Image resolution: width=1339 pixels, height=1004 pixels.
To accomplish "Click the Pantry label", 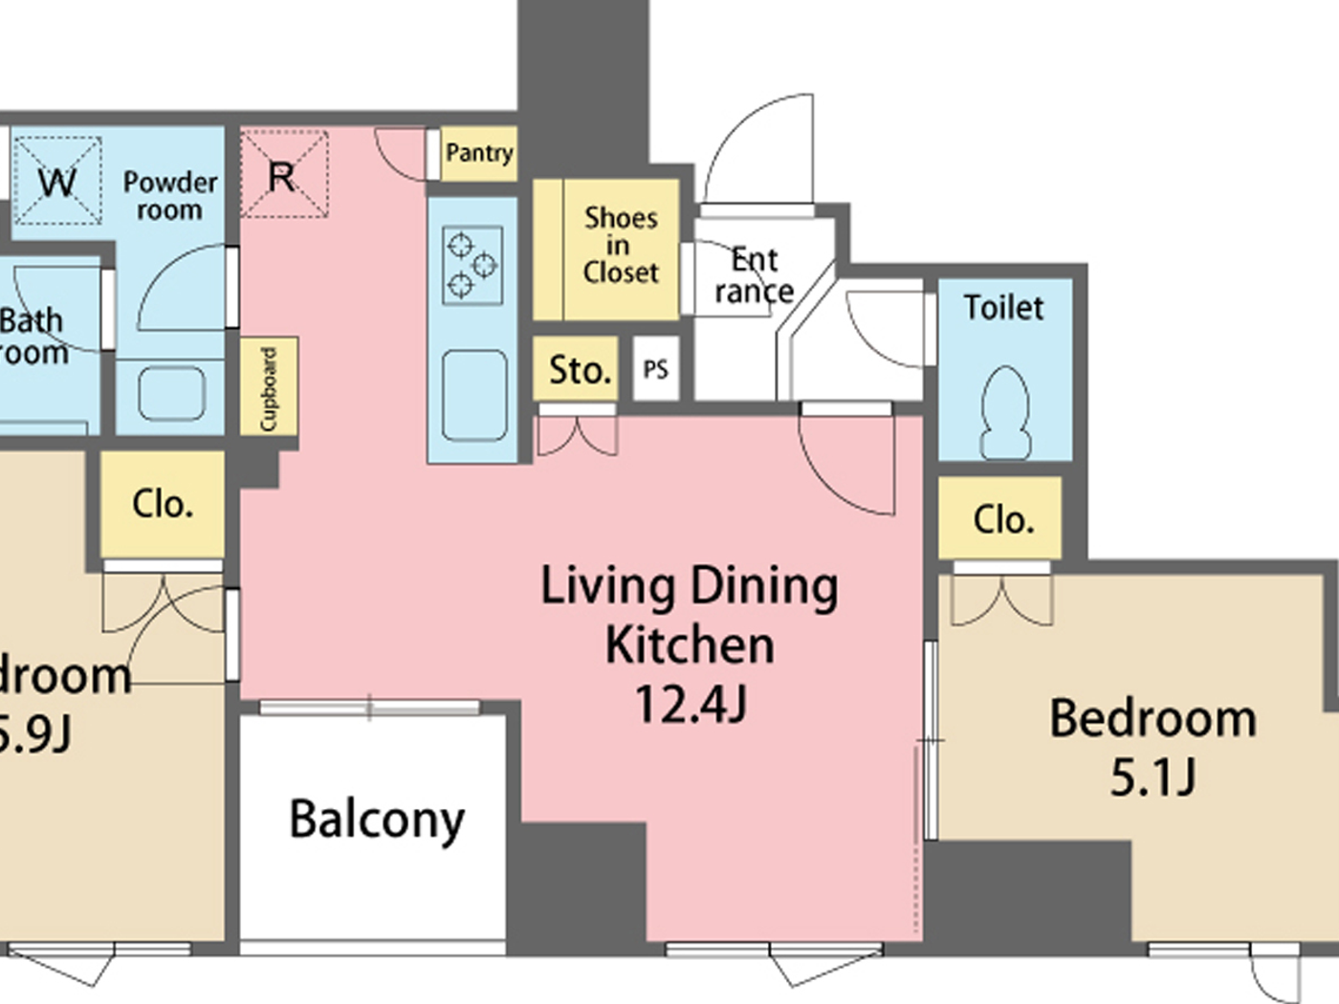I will click(478, 153).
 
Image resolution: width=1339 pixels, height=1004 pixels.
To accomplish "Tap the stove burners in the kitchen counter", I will click(472, 264).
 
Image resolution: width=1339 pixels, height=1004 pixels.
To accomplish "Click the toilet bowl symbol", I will click(1005, 413).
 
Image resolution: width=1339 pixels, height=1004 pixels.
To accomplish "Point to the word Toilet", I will click(1003, 308).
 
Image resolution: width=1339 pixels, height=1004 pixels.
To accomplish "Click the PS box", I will click(656, 369).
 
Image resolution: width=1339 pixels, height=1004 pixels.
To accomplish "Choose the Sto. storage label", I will click(579, 369).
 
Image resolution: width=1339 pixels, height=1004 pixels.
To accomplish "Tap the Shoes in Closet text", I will click(621, 246).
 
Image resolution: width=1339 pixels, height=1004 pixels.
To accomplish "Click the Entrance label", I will click(754, 275).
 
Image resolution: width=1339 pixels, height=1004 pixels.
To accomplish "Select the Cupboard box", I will click(269, 387).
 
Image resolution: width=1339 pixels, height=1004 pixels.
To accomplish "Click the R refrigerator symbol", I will click(283, 176).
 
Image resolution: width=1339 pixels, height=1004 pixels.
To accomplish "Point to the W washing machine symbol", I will click(57, 181).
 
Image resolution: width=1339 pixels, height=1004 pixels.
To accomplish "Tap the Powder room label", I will click(169, 196).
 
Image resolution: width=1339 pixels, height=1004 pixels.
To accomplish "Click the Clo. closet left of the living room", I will click(163, 504).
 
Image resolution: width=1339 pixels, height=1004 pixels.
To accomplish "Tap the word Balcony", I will click(377, 819).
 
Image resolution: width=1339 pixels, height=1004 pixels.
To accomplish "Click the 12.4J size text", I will click(690, 705).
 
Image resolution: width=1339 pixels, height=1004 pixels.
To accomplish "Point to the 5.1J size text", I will click(1152, 776).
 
